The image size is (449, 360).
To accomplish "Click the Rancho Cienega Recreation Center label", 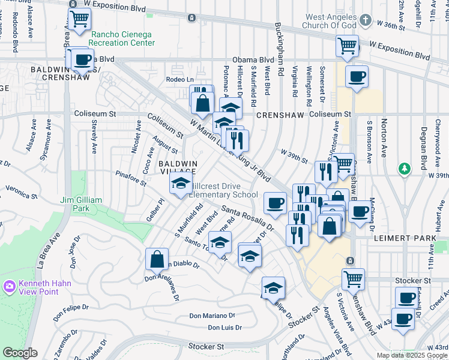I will pos(122,38).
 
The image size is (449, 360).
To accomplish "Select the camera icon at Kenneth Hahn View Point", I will pos(9,286).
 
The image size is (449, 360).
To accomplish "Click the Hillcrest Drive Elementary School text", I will pos(223,190).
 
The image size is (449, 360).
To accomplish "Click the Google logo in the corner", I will pos(20,353).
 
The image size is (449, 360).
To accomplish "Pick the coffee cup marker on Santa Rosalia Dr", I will pos(275,202).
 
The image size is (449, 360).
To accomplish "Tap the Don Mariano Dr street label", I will pos(212,316).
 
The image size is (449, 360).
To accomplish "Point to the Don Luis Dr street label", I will pos(224,328).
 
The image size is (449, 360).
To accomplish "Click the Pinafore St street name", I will pos(130,178).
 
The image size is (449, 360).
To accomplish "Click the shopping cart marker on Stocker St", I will pos(353,278).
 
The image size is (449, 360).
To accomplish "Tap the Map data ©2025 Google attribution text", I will pos(411,355).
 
